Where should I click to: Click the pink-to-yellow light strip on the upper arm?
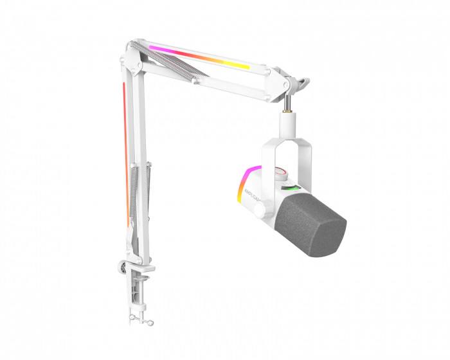pyautogui.click(x=199, y=57)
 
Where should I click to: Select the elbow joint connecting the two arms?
pyautogui.click(x=130, y=61)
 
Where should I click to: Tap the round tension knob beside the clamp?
pyautogui.click(x=122, y=264)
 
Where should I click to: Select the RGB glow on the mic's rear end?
pyautogui.click(x=245, y=183)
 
